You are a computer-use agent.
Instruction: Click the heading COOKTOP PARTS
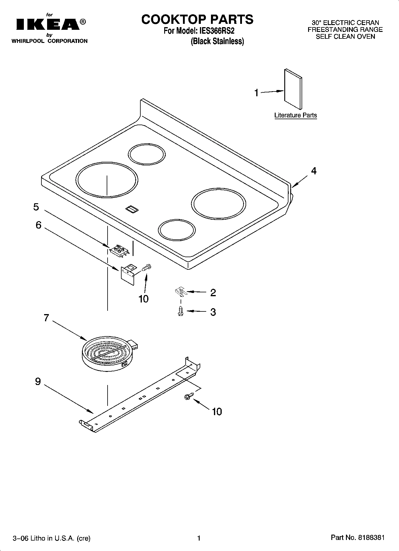coord(197,19)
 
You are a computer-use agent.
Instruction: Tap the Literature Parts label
coord(295,115)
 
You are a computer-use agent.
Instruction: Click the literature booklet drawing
coord(293,89)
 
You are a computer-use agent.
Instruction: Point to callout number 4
coord(313,171)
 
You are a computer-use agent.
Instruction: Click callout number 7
coord(46,318)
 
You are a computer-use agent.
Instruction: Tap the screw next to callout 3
coord(180,311)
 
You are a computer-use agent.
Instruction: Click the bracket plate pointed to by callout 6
coord(128,274)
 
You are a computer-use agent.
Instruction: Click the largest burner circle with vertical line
coord(107,180)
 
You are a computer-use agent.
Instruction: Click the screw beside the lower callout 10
coord(188,396)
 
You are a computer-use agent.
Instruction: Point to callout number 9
coord(38,381)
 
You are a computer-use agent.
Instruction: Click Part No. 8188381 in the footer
coord(358,538)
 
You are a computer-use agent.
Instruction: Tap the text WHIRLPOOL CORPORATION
coord(49,41)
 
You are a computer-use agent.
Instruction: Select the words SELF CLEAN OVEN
coord(345,37)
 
